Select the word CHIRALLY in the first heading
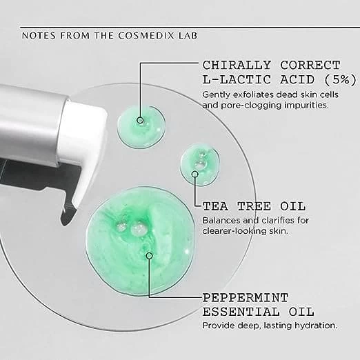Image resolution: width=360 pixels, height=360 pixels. pyautogui.click(x=237, y=66)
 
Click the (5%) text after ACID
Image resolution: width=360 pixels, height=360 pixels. pyautogui.click(x=341, y=80)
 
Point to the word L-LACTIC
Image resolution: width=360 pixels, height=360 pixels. pyautogui.click(x=237, y=80)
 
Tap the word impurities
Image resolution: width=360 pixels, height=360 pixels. pyautogui.click(x=306, y=106)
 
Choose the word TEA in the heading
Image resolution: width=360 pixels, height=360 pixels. pyautogui.click(x=215, y=206)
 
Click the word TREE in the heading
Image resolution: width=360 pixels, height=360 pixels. pyautogui.click(x=254, y=206)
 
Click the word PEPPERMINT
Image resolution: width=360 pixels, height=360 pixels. pyautogui.click(x=245, y=298)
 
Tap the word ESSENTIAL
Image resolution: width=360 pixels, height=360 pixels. pyautogui.click(x=241, y=312)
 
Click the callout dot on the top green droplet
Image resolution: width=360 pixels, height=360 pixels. pyautogui.click(x=140, y=120)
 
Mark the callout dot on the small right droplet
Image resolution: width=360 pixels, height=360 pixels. pyautogui.click(x=195, y=174)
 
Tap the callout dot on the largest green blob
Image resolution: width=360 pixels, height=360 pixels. pyautogui.click(x=150, y=256)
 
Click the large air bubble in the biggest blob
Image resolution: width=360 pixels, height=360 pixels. pyautogui.click(x=139, y=228)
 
